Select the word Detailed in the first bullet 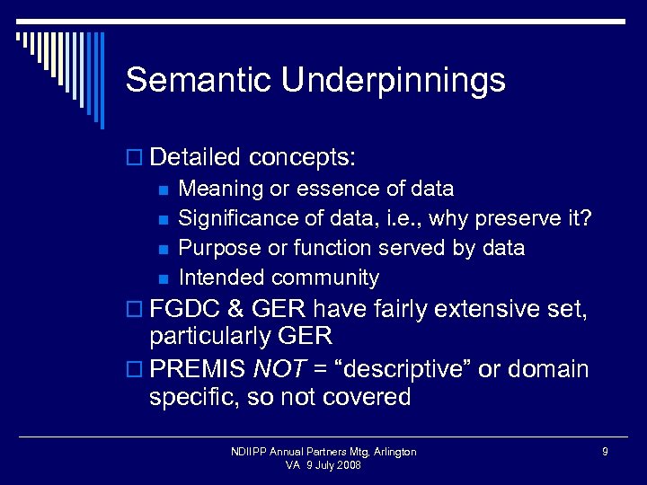pyautogui.click(x=196, y=158)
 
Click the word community pyautogui.click(x=325, y=278)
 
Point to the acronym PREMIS pyautogui.click(x=198, y=369)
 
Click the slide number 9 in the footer pyautogui.click(x=605, y=452)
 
